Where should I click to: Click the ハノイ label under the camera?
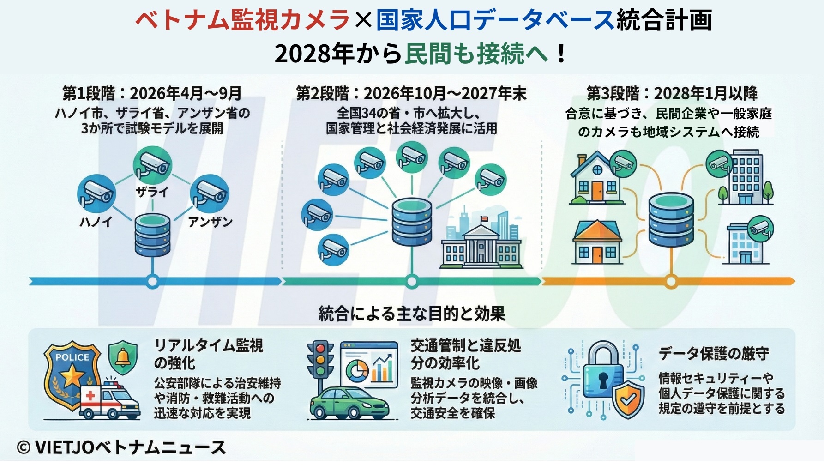click(x=96, y=222)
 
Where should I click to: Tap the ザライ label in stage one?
click(x=152, y=192)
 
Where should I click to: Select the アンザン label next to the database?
click(x=210, y=222)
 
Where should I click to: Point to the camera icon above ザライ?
click(x=152, y=164)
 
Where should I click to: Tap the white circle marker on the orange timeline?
click(x=671, y=281)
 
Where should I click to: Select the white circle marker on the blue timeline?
click(x=152, y=281)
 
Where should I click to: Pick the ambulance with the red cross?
click(x=110, y=400)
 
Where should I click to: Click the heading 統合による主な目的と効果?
click(x=412, y=314)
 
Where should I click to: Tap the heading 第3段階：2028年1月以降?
click(x=672, y=94)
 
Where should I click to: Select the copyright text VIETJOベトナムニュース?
click(x=121, y=447)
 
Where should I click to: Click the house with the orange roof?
click(x=597, y=242)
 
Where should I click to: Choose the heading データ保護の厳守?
click(x=714, y=354)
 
